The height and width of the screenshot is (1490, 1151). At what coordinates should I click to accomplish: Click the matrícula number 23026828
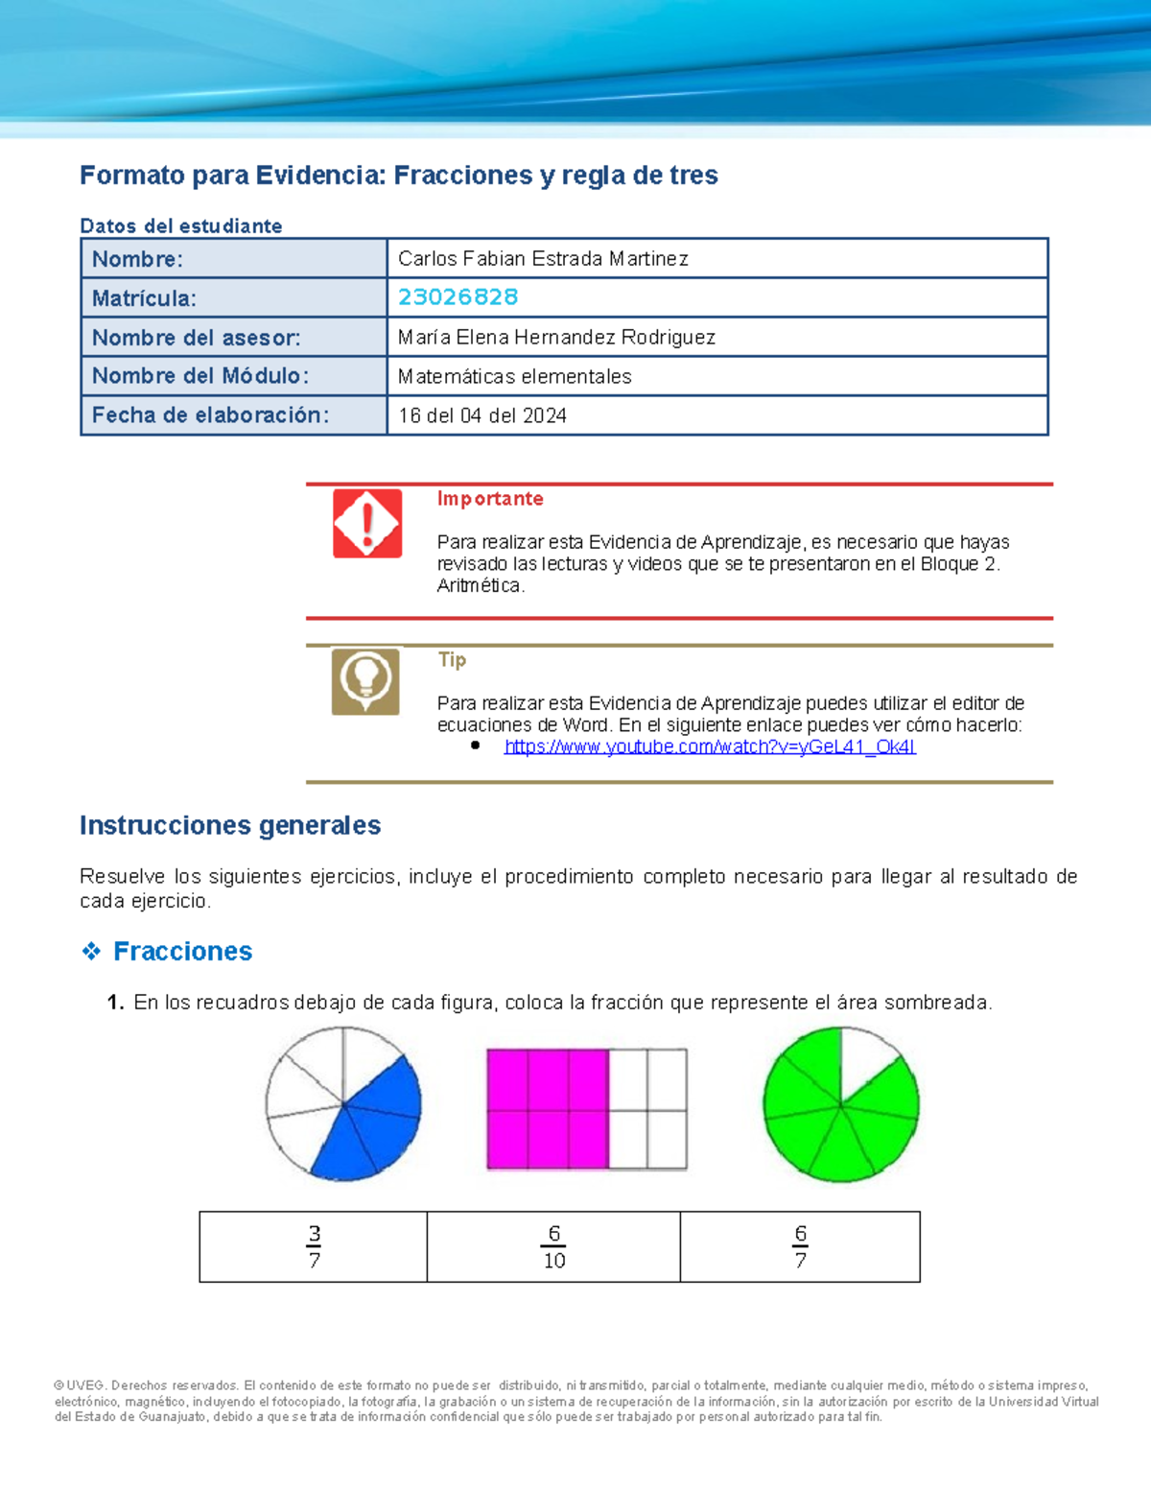tap(458, 297)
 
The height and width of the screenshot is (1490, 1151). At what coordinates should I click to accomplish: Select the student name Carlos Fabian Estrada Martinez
tap(543, 259)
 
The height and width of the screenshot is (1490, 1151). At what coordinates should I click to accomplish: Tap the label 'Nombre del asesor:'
tap(196, 338)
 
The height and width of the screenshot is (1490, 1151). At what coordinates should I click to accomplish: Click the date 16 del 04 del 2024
tap(482, 415)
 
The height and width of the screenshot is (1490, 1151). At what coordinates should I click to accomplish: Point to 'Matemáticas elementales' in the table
tap(514, 376)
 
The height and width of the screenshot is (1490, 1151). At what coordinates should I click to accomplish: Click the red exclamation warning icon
tap(367, 523)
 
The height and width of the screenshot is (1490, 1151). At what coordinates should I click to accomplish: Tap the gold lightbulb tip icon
tap(365, 681)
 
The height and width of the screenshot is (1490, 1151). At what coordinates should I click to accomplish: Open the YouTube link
tap(710, 746)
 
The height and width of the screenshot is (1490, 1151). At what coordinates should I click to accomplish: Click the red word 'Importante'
tap(490, 499)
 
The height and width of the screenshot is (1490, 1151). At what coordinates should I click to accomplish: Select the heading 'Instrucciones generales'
tap(230, 825)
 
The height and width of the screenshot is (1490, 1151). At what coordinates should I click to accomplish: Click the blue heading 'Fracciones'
tap(182, 951)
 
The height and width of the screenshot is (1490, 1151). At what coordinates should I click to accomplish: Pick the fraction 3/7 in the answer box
tap(314, 1246)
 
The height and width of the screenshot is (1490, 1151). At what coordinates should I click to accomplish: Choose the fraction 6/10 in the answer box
tap(554, 1246)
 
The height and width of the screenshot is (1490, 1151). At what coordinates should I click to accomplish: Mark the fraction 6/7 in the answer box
tap(800, 1246)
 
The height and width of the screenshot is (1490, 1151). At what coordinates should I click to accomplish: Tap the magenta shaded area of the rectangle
tap(547, 1109)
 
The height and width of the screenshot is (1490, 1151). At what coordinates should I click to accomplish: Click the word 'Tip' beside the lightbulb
tap(452, 659)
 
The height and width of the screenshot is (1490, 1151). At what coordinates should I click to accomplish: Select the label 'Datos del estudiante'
tap(180, 225)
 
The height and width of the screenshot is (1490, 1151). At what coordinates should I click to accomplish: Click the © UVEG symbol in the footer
tap(59, 1385)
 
